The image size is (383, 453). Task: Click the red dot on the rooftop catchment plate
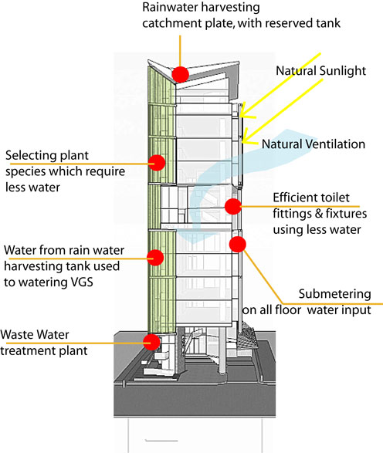(x=181, y=74)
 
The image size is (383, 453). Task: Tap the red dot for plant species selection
(x=157, y=162)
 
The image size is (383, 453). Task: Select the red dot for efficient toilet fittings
(x=233, y=206)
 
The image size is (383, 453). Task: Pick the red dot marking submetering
(x=238, y=244)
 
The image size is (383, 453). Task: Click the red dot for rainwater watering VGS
(x=155, y=258)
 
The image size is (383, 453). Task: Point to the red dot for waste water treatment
(x=152, y=342)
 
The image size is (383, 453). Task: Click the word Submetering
(x=334, y=294)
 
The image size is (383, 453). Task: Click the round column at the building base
(x=222, y=350)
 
